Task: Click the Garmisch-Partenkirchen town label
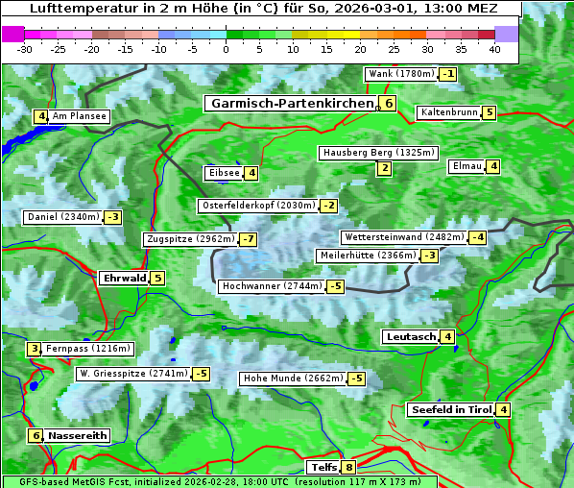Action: pos(291,104)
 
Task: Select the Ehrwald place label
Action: pos(124,279)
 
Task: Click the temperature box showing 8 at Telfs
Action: pos(348,468)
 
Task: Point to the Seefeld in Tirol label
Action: pos(450,410)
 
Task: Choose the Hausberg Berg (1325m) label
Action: pos(378,153)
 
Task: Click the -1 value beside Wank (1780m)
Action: pos(448,74)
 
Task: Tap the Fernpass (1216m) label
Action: pos(89,349)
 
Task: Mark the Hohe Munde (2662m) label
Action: pos(293,378)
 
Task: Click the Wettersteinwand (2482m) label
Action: pos(403,237)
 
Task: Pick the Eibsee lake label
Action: pos(223,173)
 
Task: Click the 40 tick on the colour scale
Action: pos(494,49)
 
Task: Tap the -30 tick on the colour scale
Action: pos(25,49)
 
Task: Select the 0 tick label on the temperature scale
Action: pos(226,49)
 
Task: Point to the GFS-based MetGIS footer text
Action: pos(218,481)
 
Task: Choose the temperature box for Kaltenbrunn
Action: pos(489,112)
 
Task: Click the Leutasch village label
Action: pos(411,337)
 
